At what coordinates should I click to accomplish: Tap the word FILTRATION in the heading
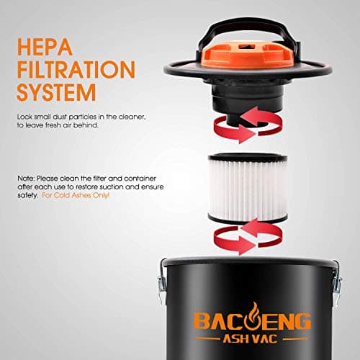[x=75, y=71]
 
